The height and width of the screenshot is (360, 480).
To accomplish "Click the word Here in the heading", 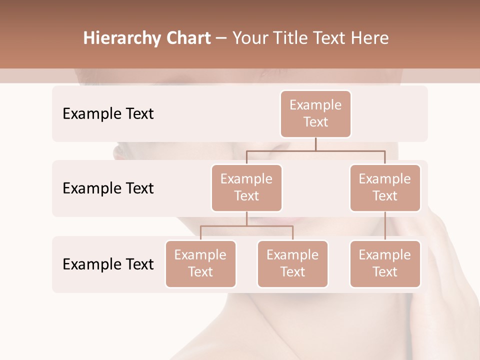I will (370, 38).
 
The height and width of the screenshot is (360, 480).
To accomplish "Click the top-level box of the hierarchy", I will (315, 114).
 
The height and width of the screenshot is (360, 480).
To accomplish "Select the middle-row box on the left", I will (246, 188).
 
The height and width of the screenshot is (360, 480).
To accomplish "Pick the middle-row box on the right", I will (385, 188).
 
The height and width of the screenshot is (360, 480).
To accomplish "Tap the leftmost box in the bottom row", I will (200, 264).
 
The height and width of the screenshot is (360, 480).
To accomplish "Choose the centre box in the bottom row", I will (292, 264).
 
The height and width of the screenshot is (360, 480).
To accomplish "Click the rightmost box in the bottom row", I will (385, 264).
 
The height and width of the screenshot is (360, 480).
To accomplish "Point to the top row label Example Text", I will (108, 114).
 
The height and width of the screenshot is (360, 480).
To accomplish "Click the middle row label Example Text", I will (108, 188).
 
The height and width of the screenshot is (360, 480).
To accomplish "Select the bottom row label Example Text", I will (108, 264).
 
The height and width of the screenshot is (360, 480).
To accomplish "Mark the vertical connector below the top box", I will (315, 144).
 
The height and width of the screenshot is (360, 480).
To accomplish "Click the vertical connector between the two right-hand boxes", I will (385, 226).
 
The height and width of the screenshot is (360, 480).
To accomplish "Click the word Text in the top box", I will (315, 122).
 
